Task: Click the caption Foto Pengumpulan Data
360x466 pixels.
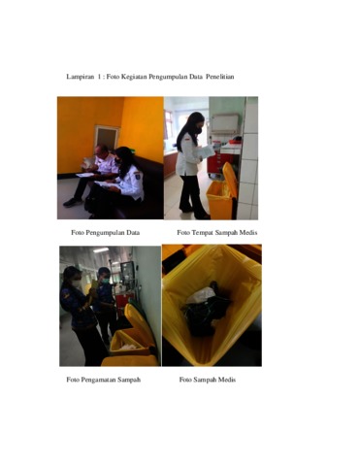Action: point(106,233)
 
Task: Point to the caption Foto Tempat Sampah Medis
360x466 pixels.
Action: point(217,233)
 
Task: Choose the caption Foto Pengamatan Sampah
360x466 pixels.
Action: point(104,380)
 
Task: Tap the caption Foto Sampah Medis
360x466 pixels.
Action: point(208,380)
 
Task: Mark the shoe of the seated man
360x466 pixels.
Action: point(71,203)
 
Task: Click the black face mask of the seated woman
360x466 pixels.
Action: point(117,161)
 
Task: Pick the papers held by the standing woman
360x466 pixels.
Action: point(206,151)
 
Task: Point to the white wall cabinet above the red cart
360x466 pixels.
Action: point(225,123)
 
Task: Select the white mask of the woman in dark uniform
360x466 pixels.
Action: point(77,283)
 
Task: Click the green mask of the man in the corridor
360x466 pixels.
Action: point(106,281)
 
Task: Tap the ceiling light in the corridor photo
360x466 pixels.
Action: point(101,250)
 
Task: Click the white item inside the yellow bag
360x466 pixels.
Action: point(202,296)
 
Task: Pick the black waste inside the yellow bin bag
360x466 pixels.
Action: point(207,313)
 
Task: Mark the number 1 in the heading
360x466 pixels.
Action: point(98,77)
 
